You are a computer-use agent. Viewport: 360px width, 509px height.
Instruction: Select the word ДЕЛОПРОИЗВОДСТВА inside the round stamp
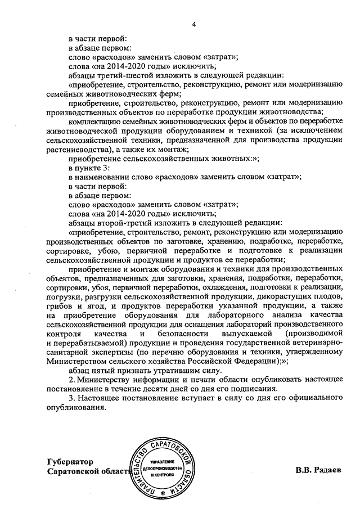[161, 468]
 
